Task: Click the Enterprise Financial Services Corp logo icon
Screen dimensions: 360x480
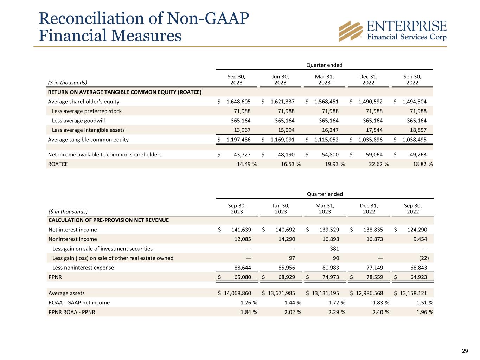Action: (x=351, y=31)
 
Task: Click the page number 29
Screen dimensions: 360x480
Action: (x=465, y=351)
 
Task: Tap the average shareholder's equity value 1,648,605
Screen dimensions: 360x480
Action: (x=238, y=102)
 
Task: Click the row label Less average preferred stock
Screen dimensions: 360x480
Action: (x=87, y=111)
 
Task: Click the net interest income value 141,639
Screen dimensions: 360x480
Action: (x=241, y=230)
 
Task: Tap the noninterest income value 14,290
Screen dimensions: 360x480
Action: (x=286, y=239)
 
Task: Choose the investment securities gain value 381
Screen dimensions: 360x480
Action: (x=334, y=249)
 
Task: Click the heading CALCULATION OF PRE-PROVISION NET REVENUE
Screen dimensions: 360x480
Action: (x=108, y=220)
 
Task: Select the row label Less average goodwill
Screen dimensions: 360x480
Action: (x=78, y=121)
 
